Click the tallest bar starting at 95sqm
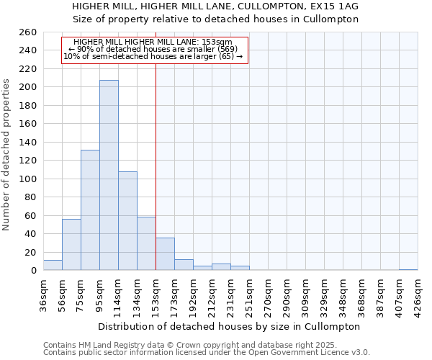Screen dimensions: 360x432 pos(109,175)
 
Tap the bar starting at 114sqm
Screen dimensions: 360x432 pos(127,220)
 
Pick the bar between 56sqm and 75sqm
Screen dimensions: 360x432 pos(71,244)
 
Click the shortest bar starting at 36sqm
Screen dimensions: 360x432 pos(53,265)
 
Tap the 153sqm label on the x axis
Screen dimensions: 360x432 pos(156,294)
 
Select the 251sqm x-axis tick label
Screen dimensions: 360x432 pos(250,294)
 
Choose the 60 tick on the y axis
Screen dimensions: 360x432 pos(31,215)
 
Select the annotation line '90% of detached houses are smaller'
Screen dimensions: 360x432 pos(153,49)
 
